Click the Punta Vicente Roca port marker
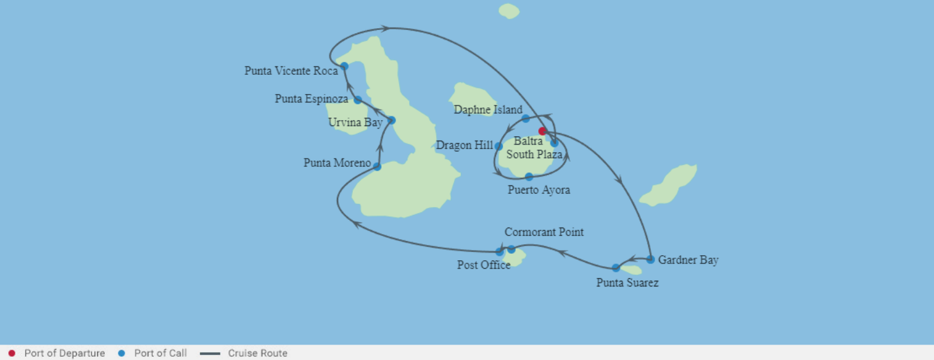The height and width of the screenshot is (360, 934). [344, 66]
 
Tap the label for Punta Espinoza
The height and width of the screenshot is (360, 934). [311, 99]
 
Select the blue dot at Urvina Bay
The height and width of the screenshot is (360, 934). [391, 120]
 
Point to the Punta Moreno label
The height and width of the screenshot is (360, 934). [337, 163]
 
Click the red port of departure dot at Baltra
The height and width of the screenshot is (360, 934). [542, 131]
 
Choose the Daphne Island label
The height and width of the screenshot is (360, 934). [488, 110]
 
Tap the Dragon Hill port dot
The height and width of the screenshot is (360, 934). [499, 146]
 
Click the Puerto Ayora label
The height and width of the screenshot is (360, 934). [539, 190]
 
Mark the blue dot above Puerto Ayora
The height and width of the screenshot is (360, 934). [529, 176]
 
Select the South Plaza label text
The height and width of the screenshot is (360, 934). [534, 154]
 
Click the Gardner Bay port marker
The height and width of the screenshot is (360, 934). [650, 260]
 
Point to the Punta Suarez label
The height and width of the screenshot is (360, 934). [627, 283]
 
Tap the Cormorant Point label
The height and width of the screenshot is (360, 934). [544, 232]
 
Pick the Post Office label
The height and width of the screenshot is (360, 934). [484, 265]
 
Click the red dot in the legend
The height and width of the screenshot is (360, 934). [12, 353]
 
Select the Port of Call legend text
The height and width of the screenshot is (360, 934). [160, 353]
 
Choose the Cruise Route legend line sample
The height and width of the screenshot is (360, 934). [210, 353]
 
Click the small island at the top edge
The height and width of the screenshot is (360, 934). [509, 11]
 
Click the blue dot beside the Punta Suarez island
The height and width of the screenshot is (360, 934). [616, 268]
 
